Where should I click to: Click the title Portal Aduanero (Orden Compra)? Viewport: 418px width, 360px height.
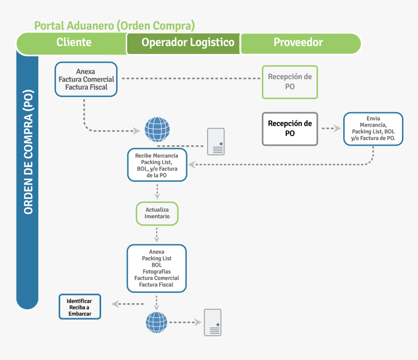coord(115,25)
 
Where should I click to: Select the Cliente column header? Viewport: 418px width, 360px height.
coord(73,42)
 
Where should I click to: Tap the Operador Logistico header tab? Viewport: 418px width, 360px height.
coord(188,42)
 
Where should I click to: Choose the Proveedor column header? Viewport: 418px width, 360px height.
coord(298,42)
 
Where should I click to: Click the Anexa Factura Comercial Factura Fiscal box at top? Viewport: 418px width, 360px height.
coord(86,79)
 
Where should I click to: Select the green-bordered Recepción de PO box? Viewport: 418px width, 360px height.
coord(290,82)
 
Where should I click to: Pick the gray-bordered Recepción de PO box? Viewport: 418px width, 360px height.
coord(290,129)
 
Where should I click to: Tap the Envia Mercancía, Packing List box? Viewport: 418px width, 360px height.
coord(373,129)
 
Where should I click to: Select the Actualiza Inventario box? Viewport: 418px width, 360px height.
coord(157,213)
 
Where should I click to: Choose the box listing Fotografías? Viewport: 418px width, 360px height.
coord(157,268)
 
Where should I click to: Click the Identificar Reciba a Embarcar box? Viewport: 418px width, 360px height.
coord(79,307)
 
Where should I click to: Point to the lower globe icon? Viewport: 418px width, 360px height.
coord(157,322)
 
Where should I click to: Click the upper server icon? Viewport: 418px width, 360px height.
coord(215,141)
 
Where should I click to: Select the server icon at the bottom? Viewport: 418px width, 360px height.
coord(212,322)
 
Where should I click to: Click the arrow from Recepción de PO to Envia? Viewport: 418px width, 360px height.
coord(331,129)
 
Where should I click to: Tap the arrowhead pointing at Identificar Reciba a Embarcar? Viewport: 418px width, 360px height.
coord(115,304)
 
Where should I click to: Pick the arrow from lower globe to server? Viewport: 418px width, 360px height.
coord(185,322)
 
